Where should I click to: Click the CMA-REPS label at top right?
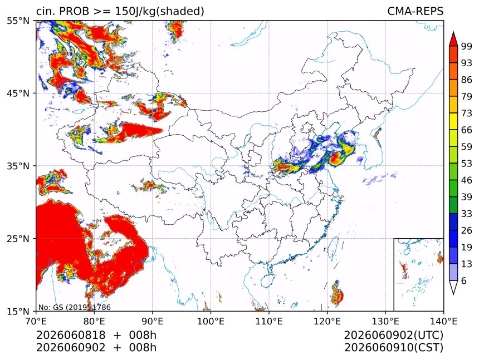click(x=415, y=11)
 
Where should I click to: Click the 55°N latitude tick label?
click(x=18, y=21)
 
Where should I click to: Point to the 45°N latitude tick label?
click(x=18, y=93)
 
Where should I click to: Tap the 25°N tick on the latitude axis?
click(x=18, y=238)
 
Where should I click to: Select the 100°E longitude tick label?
click(x=211, y=322)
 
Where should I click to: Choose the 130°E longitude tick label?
click(x=385, y=322)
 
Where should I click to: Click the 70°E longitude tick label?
click(x=36, y=322)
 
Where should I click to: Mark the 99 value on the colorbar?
click(x=467, y=46)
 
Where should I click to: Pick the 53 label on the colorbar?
click(x=467, y=164)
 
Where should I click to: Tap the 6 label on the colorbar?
click(x=464, y=280)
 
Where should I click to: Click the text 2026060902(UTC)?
click(x=393, y=335)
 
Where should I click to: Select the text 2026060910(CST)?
click(x=393, y=348)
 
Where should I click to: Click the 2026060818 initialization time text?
click(x=71, y=335)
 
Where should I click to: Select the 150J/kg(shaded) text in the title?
click(x=159, y=11)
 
